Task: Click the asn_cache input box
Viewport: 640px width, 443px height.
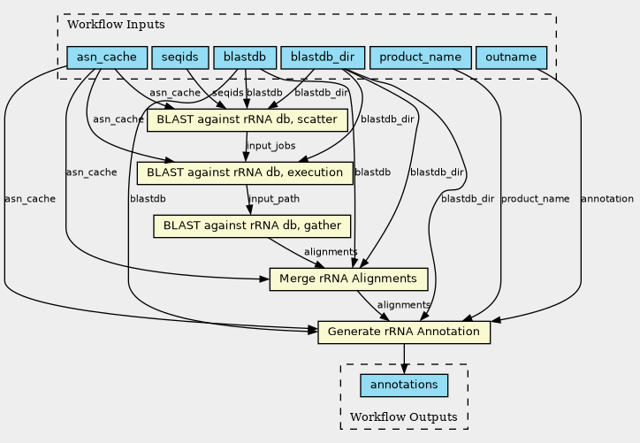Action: pyautogui.click(x=107, y=57)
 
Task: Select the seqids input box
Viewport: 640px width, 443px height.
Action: pyautogui.click(x=180, y=57)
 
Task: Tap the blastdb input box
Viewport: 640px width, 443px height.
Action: pyautogui.click(x=245, y=57)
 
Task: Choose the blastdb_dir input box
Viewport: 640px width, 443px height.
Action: pyautogui.click(x=323, y=57)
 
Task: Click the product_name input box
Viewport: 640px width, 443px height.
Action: pyautogui.click(x=421, y=57)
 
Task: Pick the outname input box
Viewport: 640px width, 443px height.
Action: pyautogui.click(x=511, y=57)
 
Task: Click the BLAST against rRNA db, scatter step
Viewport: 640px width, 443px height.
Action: pyautogui.click(x=248, y=120)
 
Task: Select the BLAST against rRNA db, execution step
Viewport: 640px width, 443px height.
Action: pyautogui.click(x=245, y=173)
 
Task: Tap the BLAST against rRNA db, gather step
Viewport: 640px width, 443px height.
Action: pyautogui.click(x=252, y=226)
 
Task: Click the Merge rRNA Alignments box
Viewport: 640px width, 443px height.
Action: pyautogui.click(x=348, y=279)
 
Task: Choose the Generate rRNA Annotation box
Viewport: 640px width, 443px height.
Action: pyautogui.click(x=404, y=332)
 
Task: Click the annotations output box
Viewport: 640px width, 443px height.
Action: pyautogui.click(x=404, y=386)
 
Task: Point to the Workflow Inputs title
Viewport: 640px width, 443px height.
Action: pyautogui.click(x=116, y=25)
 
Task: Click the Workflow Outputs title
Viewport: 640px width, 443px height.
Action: pyautogui.click(x=404, y=417)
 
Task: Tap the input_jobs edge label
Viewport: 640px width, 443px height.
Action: pyautogui.click(x=271, y=146)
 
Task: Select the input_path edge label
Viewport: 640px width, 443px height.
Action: pyautogui.click(x=274, y=199)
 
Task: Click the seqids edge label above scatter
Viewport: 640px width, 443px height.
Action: pyautogui.click(x=228, y=93)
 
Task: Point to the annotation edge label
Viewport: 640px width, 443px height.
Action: pyautogui.click(x=607, y=199)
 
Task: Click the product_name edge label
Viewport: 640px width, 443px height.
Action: pyautogui.click(x=535, y=199)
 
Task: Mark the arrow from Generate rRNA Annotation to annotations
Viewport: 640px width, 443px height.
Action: pyautogui.click(x=404, y=359)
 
